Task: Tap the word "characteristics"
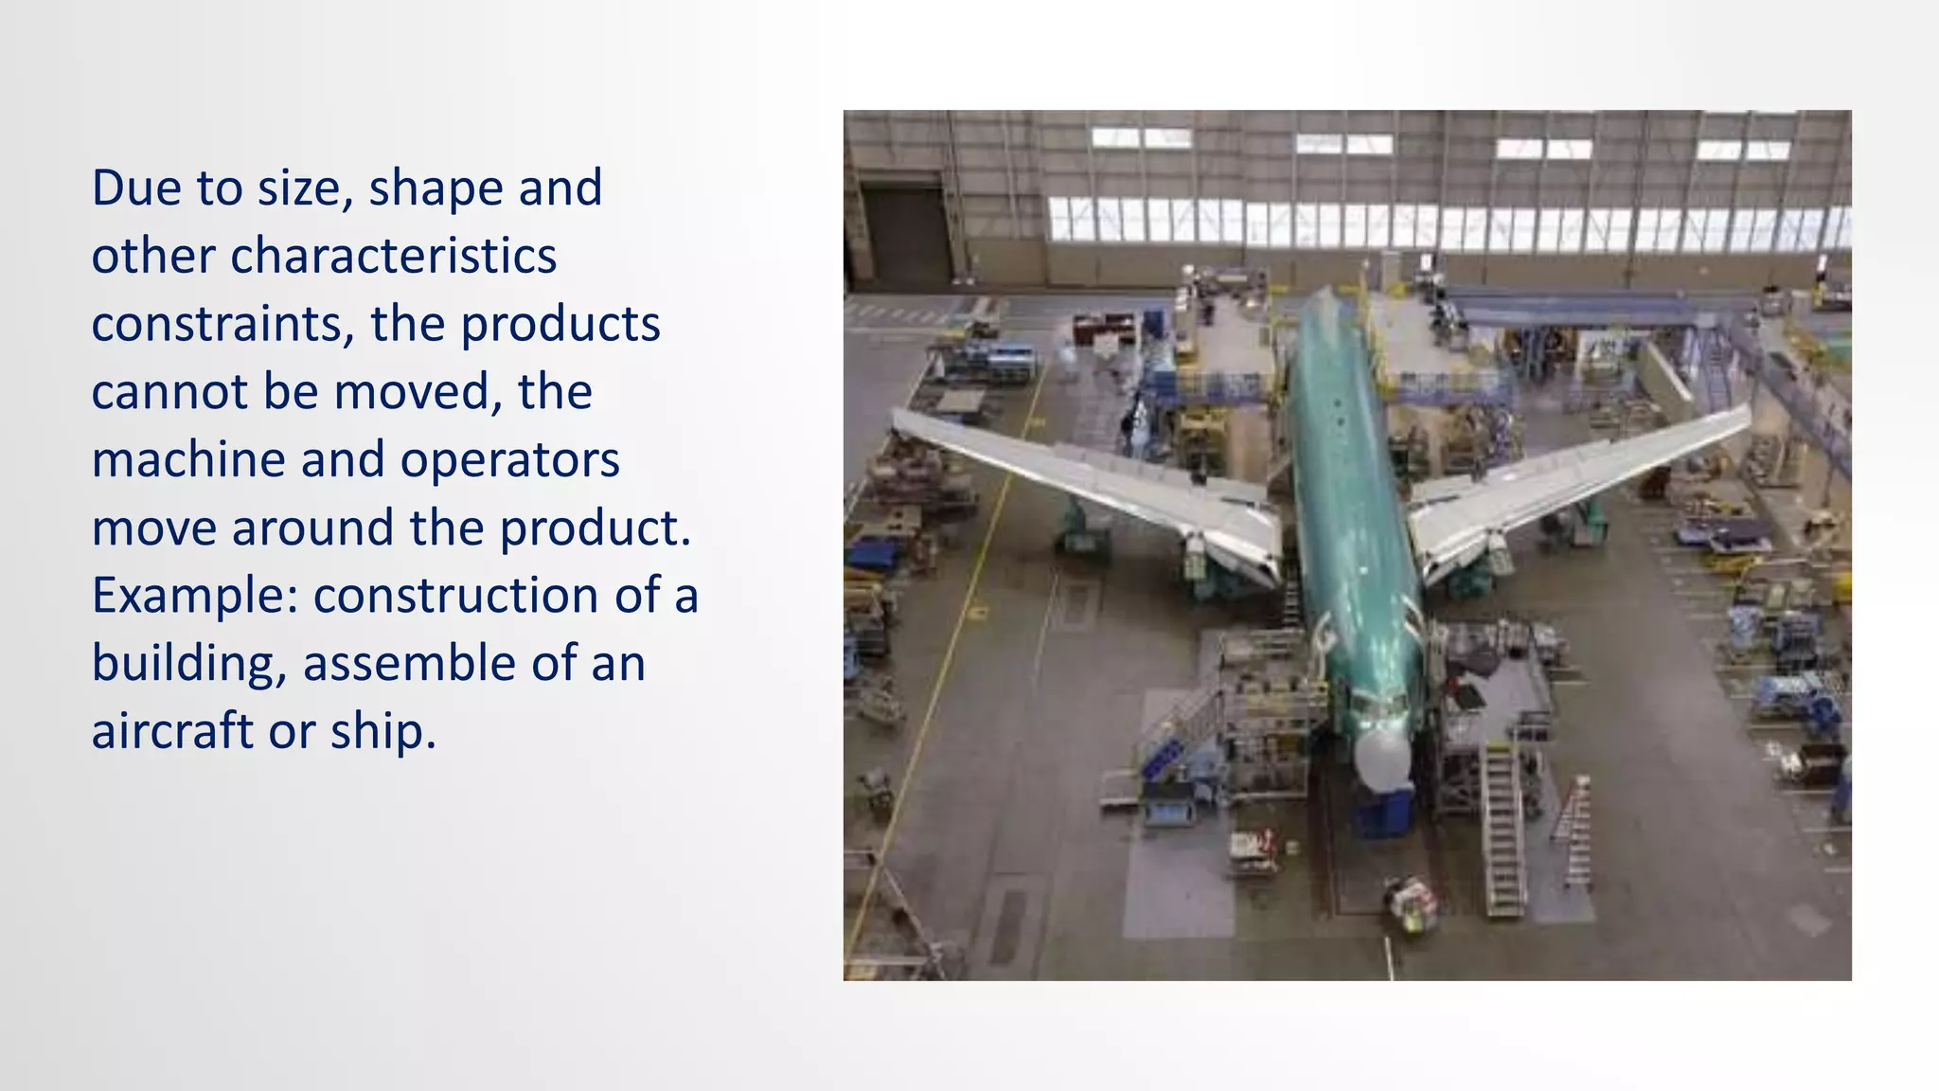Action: tap(393, 256)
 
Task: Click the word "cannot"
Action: tap(169, 392)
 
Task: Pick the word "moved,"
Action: tap(417, 392)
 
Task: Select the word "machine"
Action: tap(187, 460)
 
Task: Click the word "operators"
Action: tap(509, 460)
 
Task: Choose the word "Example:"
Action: tap(194, 596)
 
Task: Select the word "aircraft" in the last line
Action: tap(171, 731)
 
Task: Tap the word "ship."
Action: tap(382, 731)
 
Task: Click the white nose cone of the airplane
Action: tap(1382, 758)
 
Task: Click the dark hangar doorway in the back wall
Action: tap(906, 232)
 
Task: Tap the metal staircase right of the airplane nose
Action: tap(1503, 829)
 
